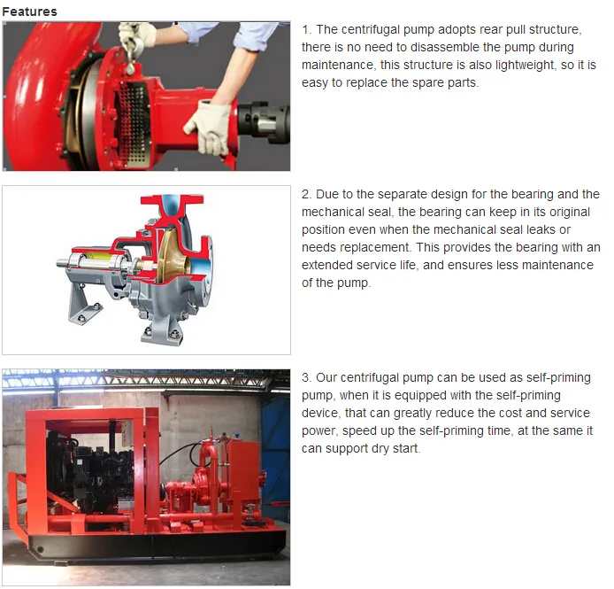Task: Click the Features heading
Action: [x=29, y=12]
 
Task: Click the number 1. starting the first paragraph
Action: [x=307, y=29]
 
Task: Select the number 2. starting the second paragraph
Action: [x=307, y=194]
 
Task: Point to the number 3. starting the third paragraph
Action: [x=307, y=377]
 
